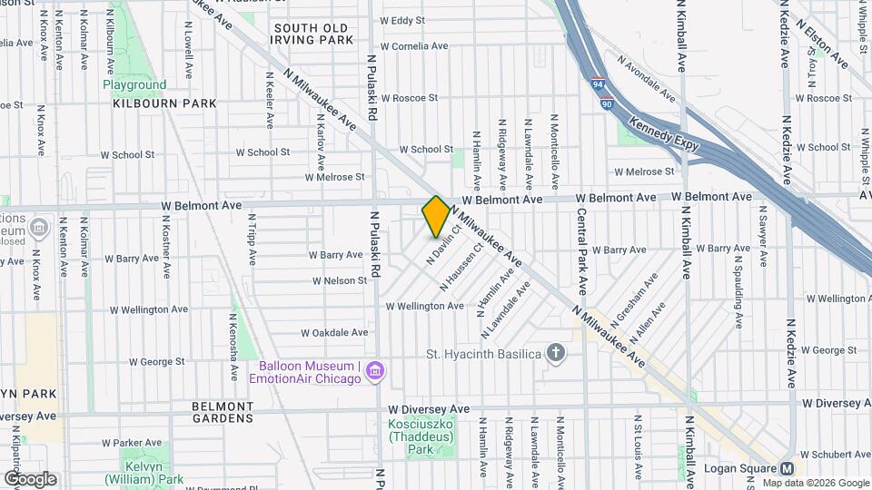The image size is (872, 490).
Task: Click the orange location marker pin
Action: [436, 216]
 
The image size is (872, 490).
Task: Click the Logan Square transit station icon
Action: [787, 468]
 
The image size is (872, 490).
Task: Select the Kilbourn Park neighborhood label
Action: [165, 103]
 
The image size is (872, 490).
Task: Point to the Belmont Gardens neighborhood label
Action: [223, 412]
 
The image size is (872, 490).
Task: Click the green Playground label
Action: [134, 84]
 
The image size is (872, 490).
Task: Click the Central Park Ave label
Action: [581, 251]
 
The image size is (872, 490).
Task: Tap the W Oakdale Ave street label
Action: [335, 332]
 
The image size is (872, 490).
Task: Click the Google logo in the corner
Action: [30, 478]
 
